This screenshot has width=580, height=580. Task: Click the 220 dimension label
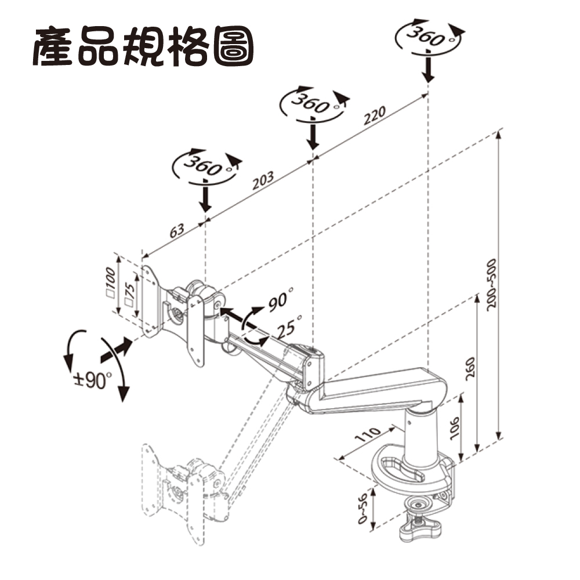point(375,118)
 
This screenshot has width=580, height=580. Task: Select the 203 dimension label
point(263,181)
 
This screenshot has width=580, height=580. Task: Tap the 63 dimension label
point(177,230)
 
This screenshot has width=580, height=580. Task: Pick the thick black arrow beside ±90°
point(114,348)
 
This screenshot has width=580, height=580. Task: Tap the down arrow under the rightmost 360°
point(427,67)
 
